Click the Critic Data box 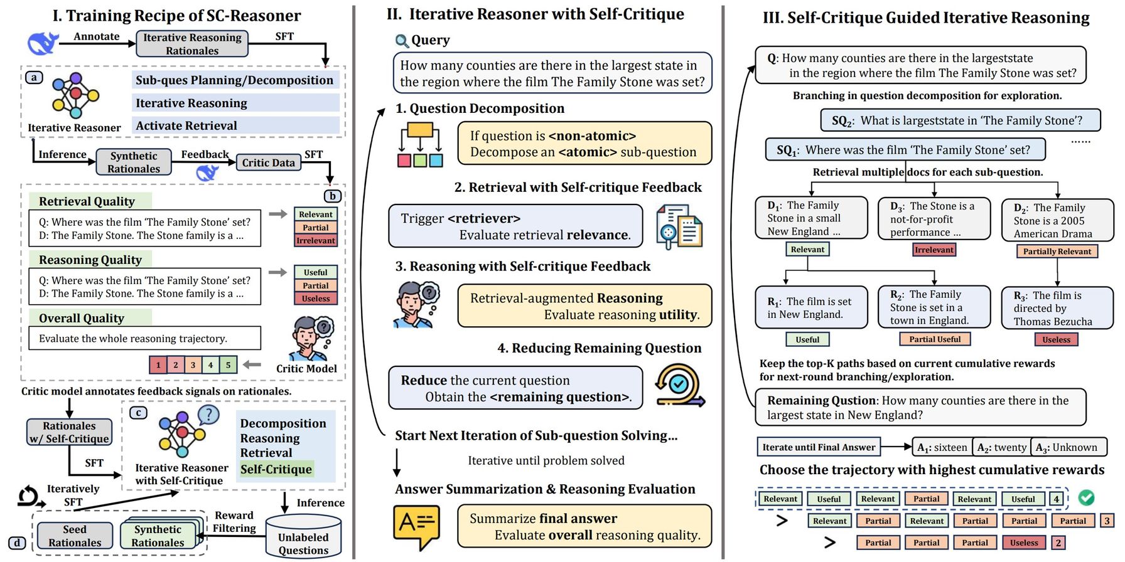pyautogui.click(x=268, y=163)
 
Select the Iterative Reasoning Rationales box pyautogui.click(x=192, y=44)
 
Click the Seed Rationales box pyautogui.click(x=75, y=536)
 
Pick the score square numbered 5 pyautogui.click(x=228, y=364)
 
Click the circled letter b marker pyautogui.click(x=333, y=196)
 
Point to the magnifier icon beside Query pyautogui.click(x=402, y=41)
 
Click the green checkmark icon pyautogui.click(x=1086, y=498)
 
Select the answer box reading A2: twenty pyautogui.click(x=1001, y=447)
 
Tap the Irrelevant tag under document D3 pyautogui.click(x=934, y=250)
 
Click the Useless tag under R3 pyautogui.click(x=1056, y=339)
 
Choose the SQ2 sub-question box pyautogui.click(x=960, y=120)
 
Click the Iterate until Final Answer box pyautogui.click(x=818, y=447)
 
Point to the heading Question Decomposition pyautogui.click(x=487, y=109)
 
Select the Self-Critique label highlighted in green pyautogui.click(x=276, y=469)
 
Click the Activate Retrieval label pyautogui.click(x=186, y=125)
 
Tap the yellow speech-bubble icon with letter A pyautogui.click(x=415, y=526)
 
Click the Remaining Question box pyautogui.click(x=920, y=408)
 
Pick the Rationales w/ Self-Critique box pyautogui.click(x=69, y=432)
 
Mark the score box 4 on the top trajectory pyautogui.click(x=1057, y=499)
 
